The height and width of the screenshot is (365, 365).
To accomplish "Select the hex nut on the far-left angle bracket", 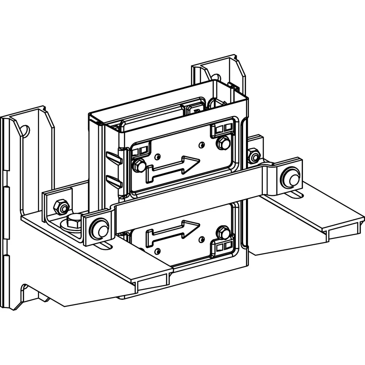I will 61,207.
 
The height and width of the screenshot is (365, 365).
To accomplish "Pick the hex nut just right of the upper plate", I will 254,156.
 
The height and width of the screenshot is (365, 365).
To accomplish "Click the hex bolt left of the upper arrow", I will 139,166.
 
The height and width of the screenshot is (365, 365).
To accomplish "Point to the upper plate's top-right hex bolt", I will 223,143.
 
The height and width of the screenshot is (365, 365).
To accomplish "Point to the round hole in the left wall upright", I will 25,130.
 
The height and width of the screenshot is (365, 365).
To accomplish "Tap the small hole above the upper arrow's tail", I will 157,157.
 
